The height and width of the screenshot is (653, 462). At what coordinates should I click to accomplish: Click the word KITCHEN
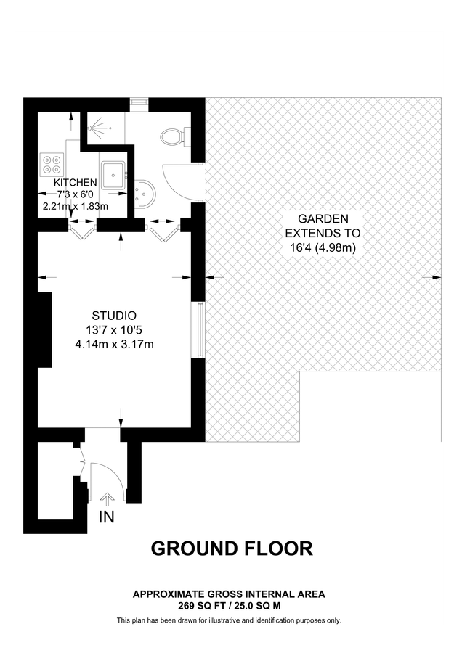click(75, 182)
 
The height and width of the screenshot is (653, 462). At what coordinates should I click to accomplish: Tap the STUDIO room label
click(114, 316)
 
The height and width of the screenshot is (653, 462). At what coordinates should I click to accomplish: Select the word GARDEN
click(323, 218)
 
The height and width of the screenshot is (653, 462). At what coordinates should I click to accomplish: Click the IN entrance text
click(107, 518)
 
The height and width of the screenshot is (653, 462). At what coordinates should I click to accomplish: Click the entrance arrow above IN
click(107, 499)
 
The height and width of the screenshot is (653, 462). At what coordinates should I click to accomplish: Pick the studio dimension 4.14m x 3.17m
click(114, 344)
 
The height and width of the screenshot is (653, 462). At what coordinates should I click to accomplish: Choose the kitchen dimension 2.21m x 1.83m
click(75, 206)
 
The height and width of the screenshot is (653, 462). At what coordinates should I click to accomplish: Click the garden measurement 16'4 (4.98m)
click(323, 247)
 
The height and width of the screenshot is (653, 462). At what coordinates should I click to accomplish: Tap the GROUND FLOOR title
click(232, 549)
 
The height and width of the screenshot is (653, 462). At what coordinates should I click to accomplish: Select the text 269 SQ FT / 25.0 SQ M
click(229, 605)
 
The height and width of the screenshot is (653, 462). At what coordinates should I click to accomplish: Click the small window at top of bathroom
click(138, 103)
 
